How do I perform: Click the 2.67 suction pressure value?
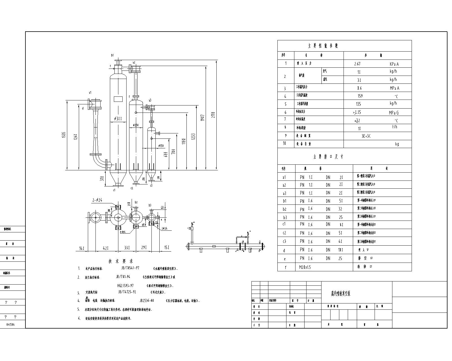pos(357,64)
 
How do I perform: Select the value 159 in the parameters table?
pos(360,96)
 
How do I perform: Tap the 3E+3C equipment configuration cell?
pos(366,136)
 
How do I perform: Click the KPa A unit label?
pos(394,64)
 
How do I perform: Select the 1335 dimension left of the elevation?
pos(64,135)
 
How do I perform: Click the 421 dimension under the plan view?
pos(105,248)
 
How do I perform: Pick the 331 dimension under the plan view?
pos(127,248)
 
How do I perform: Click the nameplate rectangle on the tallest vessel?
pos(118,99)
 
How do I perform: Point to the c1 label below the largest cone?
pos(114,190)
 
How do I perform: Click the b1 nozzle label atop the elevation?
pos(112,55)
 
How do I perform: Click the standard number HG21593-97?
pos(125,286)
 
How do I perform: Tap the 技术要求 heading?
pos(121,261)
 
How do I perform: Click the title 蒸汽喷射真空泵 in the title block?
pos(341,294)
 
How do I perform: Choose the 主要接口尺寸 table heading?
pos(328,157)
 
